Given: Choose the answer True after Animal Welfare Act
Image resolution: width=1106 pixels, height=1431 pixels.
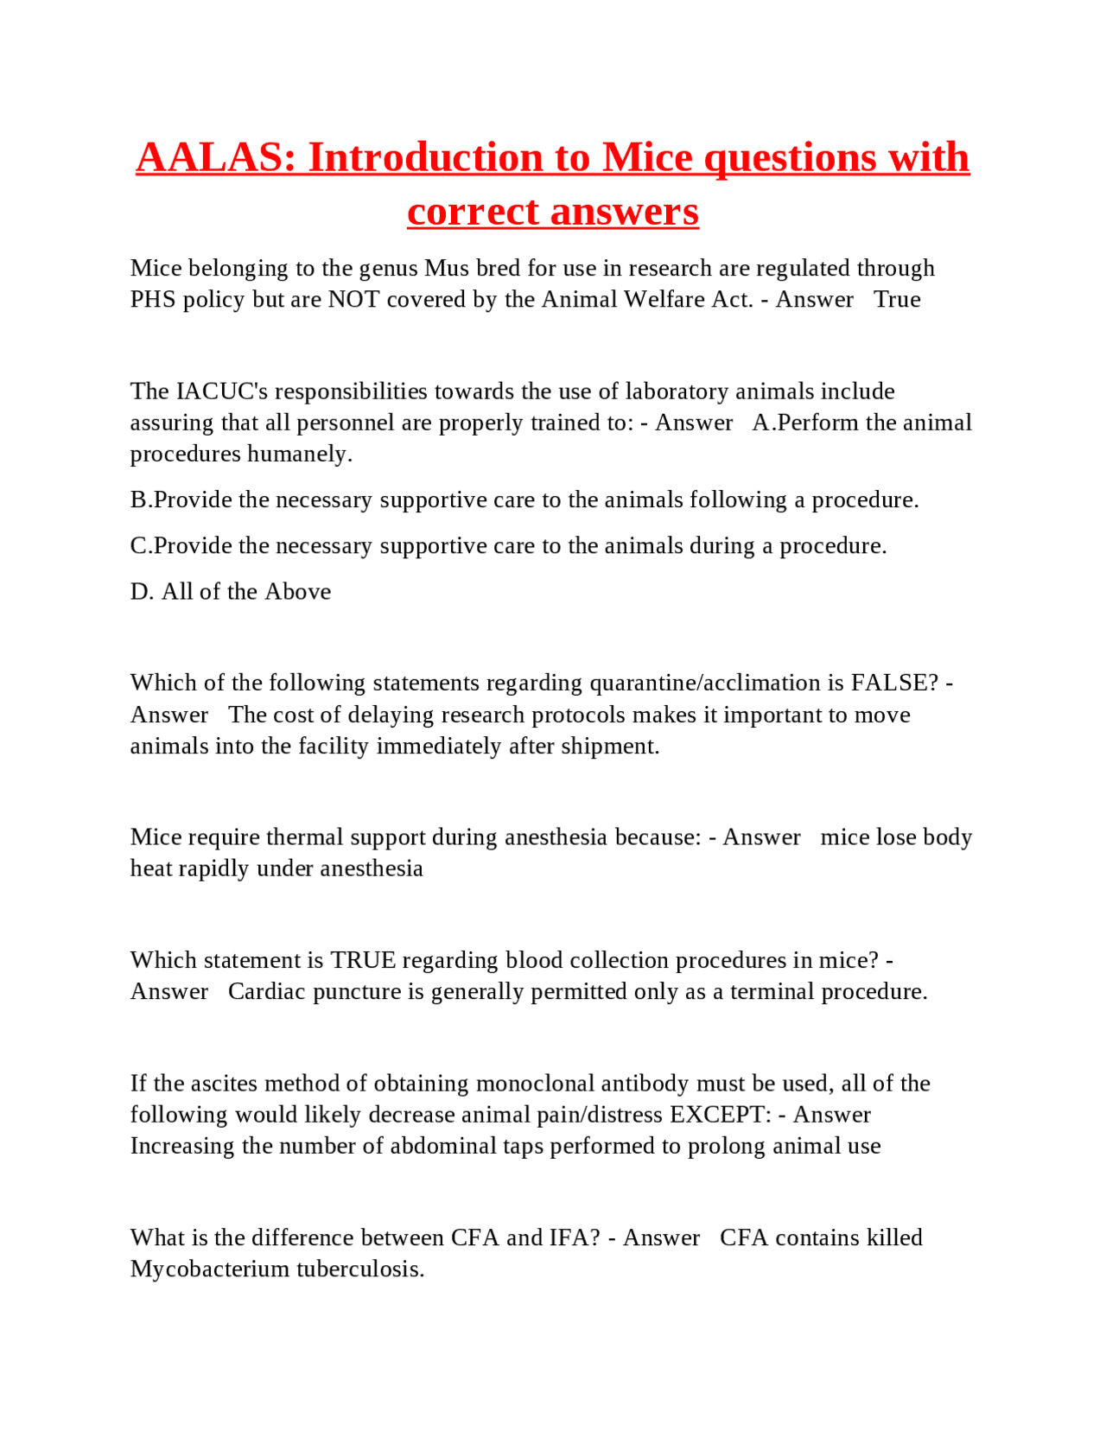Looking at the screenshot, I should [897, 299].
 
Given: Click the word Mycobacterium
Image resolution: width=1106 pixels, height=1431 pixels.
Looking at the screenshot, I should [210, 1269].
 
